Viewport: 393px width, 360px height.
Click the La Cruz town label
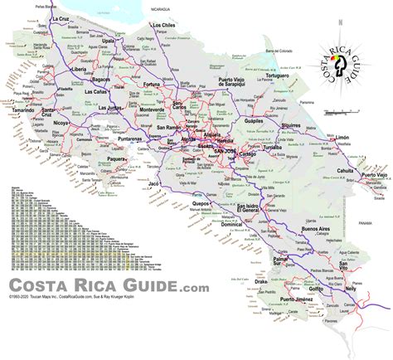61,18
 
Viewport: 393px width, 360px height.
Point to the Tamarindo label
27,109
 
